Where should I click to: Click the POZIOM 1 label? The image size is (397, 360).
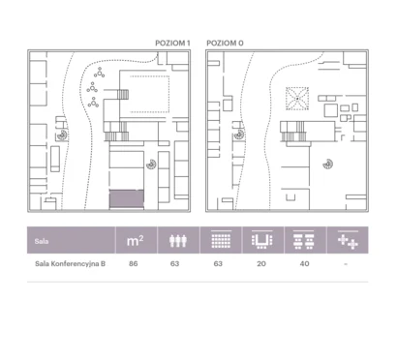(172, 44)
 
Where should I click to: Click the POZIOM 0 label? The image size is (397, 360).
(225, 44)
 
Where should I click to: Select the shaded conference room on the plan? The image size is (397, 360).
(127, 198)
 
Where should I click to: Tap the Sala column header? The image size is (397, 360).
(42, 241)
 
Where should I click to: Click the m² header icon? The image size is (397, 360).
(135, 241)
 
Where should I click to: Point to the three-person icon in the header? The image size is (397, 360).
(178, 241)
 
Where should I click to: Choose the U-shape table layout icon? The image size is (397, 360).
(261, 240)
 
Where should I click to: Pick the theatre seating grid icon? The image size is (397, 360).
(221, 240)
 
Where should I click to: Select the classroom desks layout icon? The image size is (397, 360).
(304, 240)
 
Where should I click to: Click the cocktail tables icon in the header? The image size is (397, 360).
(348, 240)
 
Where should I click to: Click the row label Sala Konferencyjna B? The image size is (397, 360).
(70, 263)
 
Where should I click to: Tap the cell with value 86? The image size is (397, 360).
(133, 263)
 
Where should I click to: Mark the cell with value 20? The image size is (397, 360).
(261, 263)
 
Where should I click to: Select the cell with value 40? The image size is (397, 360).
(304, 263)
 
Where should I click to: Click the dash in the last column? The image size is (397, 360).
(346, 264)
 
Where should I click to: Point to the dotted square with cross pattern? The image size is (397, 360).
(297, 99)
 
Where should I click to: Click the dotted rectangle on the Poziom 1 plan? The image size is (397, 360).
(149, 94)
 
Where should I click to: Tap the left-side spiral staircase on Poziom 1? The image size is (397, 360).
(62, 135)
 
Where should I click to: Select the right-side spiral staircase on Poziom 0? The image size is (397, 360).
(328, 164)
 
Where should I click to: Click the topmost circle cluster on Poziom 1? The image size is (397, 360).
(100, 73)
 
